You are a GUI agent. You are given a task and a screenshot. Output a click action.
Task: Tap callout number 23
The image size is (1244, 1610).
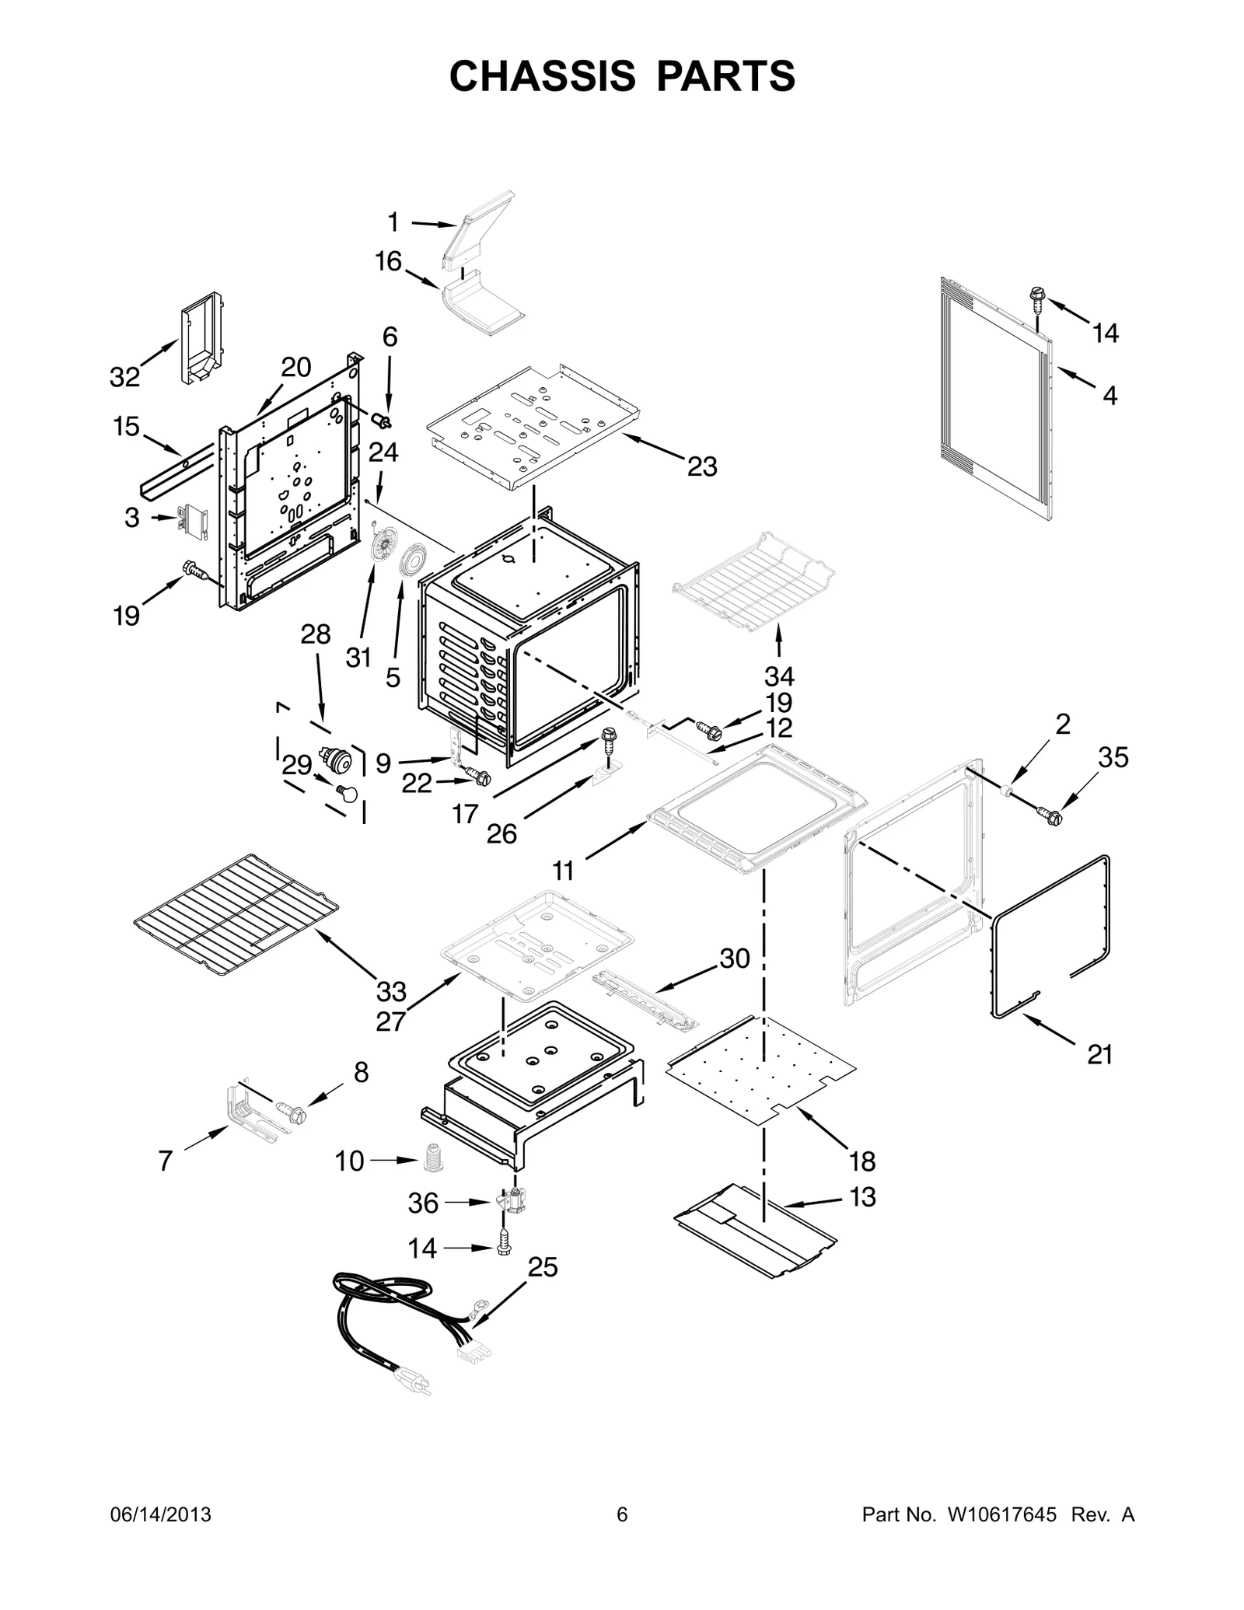701,466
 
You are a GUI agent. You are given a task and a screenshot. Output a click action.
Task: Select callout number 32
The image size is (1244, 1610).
124,378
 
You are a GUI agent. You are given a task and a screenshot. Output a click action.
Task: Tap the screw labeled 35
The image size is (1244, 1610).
1050,815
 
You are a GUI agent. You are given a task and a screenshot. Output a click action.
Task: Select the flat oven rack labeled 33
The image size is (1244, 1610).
237,916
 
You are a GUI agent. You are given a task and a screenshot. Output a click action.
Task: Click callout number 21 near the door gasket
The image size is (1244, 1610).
1099,1054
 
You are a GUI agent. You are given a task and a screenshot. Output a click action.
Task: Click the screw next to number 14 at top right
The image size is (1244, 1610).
1036,296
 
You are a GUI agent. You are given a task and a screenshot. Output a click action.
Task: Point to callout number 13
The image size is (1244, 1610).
863,1197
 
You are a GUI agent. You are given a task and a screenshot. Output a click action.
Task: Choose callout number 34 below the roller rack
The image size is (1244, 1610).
778,675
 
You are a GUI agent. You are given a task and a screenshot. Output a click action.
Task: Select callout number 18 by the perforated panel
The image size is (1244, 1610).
862,1161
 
